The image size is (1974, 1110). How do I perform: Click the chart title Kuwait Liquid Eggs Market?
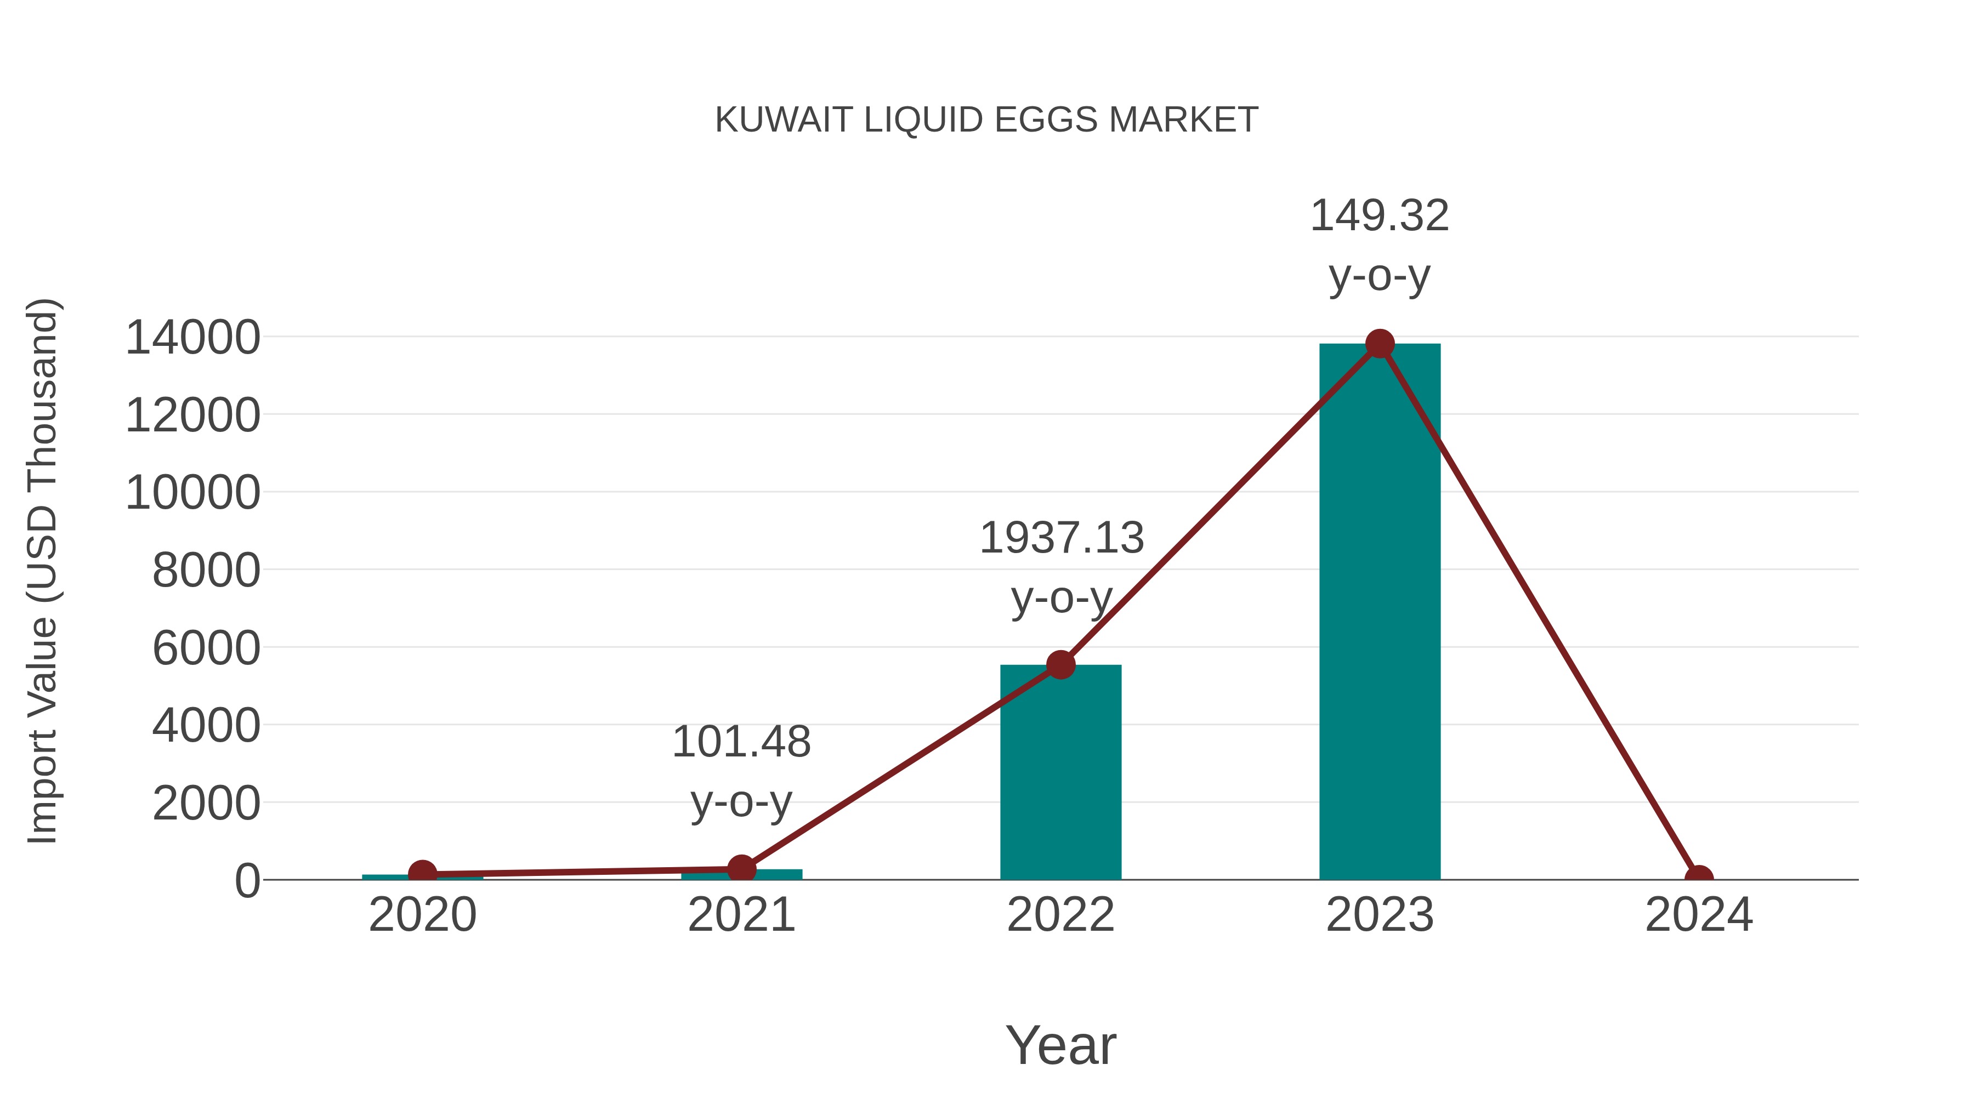986,120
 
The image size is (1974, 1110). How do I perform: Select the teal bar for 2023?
1380,613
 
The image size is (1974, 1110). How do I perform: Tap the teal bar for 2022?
1060,773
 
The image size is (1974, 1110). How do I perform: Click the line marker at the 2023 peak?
1380,344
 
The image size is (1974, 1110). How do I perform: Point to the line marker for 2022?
1060,665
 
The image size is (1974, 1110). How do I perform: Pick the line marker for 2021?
741,869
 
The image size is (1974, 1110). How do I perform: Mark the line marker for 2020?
422,873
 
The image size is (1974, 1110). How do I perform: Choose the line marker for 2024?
1699,878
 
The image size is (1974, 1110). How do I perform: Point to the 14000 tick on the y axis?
192,338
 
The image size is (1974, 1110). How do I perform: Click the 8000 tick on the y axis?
206,571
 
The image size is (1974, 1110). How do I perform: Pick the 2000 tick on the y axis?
206,804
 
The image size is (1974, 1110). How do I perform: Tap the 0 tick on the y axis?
247,881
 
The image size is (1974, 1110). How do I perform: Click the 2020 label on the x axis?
422,915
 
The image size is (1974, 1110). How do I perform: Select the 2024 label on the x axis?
1699,915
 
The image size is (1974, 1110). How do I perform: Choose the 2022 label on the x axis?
1060,915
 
